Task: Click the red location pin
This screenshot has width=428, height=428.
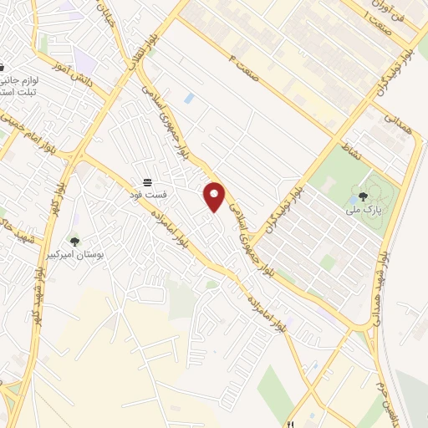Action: [215, 196]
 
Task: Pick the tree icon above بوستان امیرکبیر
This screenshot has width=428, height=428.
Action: [74, 242]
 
